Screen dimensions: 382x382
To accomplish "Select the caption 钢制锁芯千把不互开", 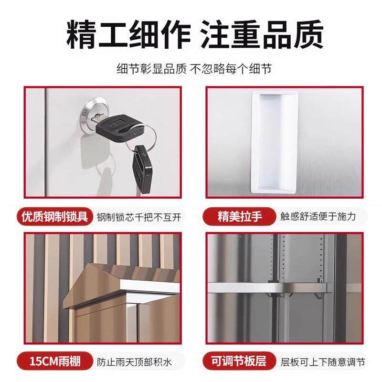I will (139, 217).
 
